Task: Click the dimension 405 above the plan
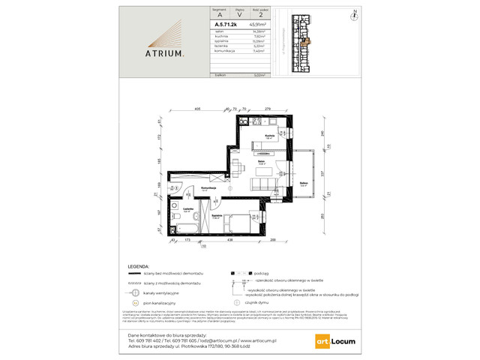196,110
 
